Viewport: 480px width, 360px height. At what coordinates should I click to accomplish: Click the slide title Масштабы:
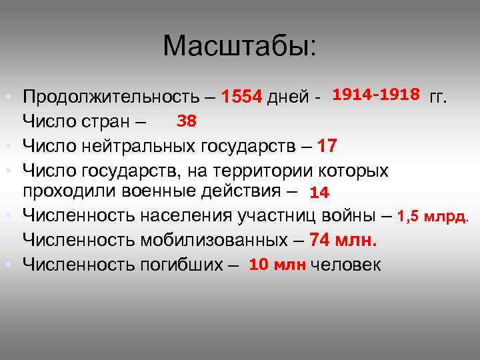click(240, 47)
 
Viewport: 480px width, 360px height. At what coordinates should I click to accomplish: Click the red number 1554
click(242, 98)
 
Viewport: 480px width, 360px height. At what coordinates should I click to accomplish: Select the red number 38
click(185, 121)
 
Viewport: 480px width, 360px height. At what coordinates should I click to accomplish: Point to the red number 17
click(328, 145)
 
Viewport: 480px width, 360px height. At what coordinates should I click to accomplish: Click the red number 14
click(319, 193)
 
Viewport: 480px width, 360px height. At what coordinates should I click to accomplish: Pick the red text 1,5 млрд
click(433, 216)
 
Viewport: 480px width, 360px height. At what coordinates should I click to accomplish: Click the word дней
click(287, 98)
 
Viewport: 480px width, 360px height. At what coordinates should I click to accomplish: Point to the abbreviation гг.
click(439, 98)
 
